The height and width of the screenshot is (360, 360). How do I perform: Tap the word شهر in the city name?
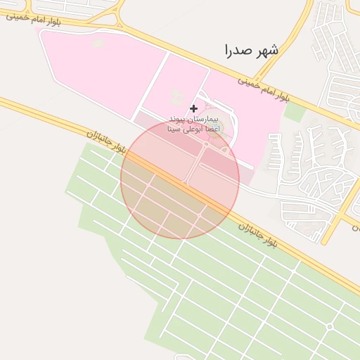267,50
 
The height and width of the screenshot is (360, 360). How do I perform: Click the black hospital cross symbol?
193,108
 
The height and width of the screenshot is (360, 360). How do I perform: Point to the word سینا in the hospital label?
174,130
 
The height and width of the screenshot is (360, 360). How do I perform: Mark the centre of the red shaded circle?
180,179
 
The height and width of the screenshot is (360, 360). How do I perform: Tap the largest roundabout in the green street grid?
329,327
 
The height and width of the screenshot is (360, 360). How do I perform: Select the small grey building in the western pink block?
98,44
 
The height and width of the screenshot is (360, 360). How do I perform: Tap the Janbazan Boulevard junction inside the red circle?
186,184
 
